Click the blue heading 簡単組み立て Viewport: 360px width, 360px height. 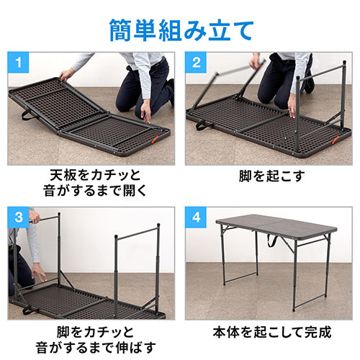pos(181,31)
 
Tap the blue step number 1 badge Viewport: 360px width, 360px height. pos(18,63)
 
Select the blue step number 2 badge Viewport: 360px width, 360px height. pos(196,63)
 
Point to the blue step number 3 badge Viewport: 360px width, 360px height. pos(18,217)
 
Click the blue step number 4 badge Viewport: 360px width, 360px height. pos(196,217)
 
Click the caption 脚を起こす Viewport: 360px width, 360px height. pos(271,176)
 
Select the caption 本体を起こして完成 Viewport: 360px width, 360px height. pos(272,332)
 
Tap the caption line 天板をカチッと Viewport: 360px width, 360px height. pos(95,175)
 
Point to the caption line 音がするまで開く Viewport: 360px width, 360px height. pos(95,191)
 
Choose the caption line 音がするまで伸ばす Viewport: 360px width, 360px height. pos(95,347)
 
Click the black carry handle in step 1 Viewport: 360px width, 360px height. pos(28,114)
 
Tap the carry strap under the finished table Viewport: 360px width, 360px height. pos(271,240)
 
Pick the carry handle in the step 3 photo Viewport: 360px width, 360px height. pos(29,310)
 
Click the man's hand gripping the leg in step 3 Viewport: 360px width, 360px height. pos(34,217)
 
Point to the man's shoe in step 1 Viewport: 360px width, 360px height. pos(171,92)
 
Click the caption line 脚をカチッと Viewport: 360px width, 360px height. pos(95,332)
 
